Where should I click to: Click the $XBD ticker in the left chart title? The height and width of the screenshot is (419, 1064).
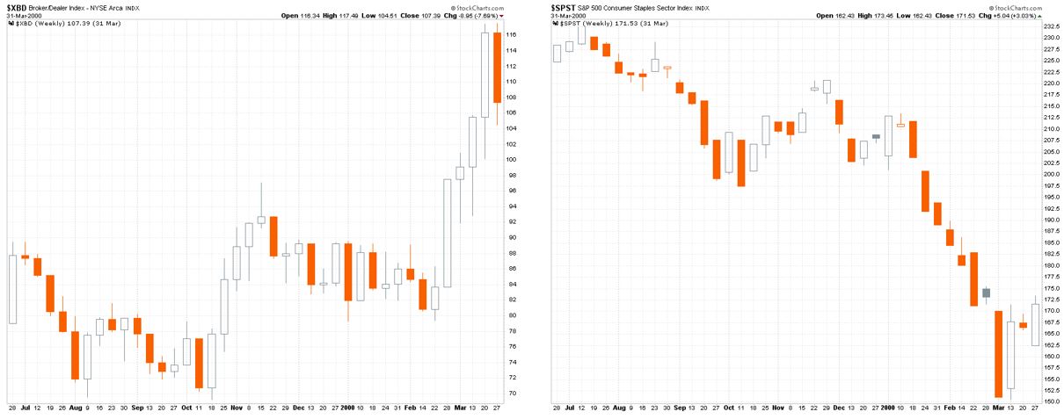tap(18, 6)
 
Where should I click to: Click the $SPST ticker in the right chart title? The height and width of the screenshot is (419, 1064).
tap(563, 6)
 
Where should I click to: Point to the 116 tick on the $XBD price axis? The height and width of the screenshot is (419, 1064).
tap(511, 35)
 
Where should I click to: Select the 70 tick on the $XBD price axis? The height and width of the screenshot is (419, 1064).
tap(510, 394)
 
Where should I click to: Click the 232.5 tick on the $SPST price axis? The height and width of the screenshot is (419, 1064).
tap(1051, 27)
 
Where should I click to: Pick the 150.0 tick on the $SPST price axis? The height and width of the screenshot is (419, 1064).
tap(1051, 402)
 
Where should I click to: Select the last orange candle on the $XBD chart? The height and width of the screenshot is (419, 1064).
tap(498, 68)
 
